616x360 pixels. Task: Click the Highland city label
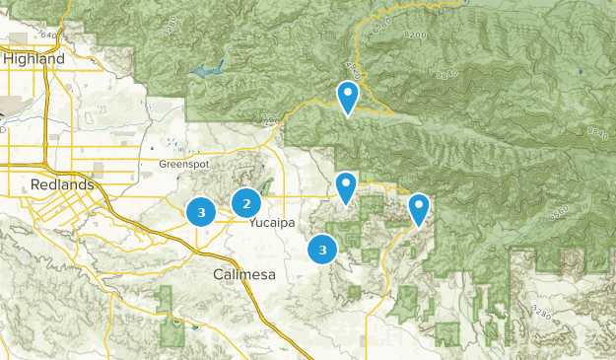[34, 59]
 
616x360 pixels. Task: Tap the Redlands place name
[62, 184]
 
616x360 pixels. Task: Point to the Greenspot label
[184, 164]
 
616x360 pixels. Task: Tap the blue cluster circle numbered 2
[246, 204]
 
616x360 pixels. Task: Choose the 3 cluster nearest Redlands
[201, 212]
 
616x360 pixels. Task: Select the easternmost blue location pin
[420, 208]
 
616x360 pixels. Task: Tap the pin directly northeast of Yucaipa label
[346, 185]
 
